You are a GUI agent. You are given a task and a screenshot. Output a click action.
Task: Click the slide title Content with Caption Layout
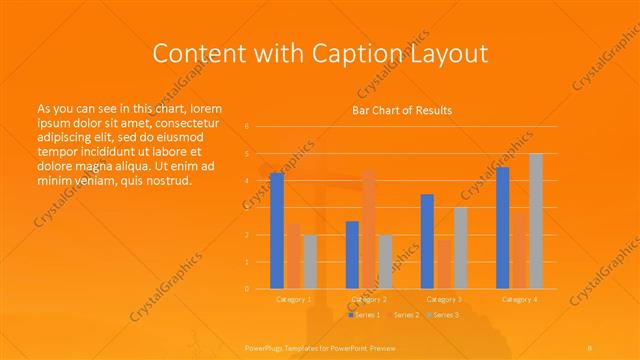pos(319,52)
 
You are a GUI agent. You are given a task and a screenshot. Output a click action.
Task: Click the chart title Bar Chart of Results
pos(402,110)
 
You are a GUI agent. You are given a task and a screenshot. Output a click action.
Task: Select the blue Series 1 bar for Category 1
pos(276,231)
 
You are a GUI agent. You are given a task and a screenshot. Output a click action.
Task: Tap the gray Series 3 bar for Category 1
pos(310,262)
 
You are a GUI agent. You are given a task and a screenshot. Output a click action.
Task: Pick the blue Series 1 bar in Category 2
pos(352,255)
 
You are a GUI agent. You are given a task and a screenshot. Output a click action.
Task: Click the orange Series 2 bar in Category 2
pos(369,230)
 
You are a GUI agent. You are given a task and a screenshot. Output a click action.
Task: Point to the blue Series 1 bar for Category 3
pos(427,241)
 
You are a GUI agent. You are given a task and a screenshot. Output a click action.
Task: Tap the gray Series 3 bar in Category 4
pos(536,221)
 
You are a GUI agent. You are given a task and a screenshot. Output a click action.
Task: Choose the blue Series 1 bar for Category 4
pos(503,228)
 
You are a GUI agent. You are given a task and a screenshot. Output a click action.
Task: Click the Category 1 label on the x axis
pos(293,299)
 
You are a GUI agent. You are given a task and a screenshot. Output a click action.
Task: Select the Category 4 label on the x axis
pos(519,299)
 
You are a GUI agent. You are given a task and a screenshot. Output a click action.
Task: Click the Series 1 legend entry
pos(364,315)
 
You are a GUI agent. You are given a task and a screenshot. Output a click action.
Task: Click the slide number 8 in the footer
pos(590,346)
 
